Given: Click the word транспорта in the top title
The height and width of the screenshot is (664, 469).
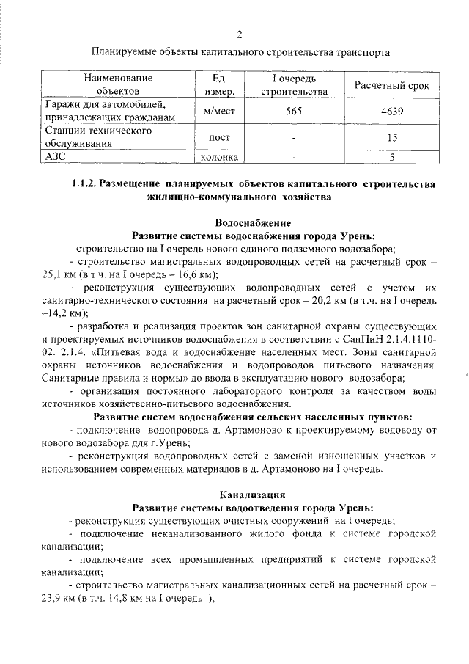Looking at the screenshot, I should pos(355,53).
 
